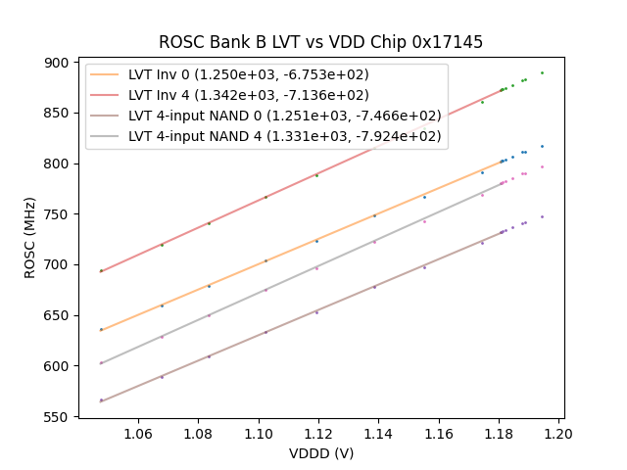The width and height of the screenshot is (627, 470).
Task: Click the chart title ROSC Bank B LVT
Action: click(320, 43)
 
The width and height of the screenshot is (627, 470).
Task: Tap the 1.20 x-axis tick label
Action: click(558, 433)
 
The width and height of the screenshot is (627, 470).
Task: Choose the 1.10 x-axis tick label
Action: click(259, 433)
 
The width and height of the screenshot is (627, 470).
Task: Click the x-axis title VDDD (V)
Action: click(320, 453)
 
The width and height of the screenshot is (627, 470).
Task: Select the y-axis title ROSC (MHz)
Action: click(30, 240)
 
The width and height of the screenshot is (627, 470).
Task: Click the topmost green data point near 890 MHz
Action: click(542, 72)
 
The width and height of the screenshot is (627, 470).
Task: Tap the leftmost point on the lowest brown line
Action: click(101, 400)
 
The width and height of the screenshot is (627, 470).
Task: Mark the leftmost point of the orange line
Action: click(101, 330)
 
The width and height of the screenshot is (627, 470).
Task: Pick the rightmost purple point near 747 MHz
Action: click(542, 216)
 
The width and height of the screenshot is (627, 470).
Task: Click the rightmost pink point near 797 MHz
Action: click(542, 166)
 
